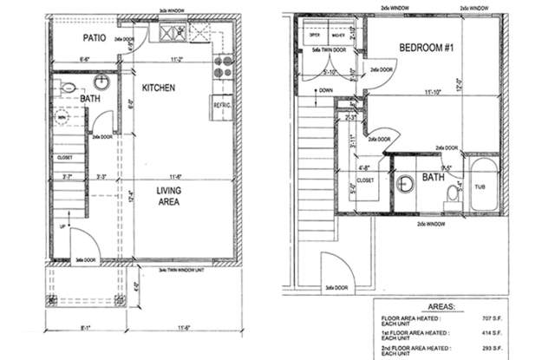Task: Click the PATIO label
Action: [x=94, y=39]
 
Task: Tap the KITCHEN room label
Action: [x=160, y=88]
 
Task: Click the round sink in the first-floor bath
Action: [x=101, y=83]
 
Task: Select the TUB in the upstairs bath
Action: [x=481, y=186]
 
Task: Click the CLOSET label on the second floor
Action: [x=364, y=180]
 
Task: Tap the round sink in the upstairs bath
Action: [x=406, y=184]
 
